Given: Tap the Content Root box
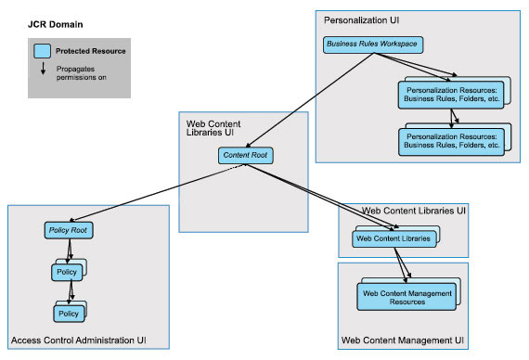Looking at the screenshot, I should [x=244, y=155].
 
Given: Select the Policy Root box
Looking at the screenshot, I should [x=70, y=229].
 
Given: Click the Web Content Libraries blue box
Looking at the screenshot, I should [x=394, y=239].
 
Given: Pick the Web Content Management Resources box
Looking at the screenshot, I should [x=406, y=298].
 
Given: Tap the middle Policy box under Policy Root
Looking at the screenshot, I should [x=68, y=273].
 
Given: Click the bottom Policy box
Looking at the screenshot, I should [x=68, y=314].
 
